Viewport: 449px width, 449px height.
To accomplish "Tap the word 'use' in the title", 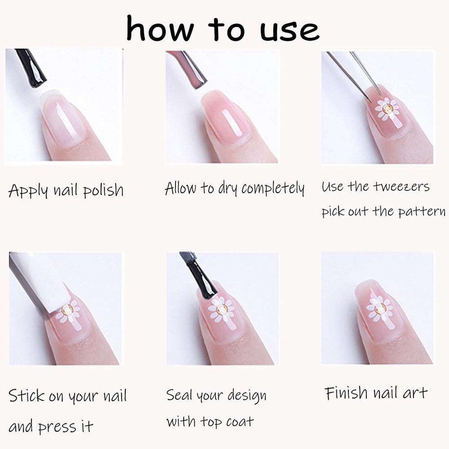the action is [x=290, y=31].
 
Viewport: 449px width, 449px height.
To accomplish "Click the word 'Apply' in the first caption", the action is [x=28, y=190].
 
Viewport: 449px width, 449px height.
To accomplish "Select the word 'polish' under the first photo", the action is [x=103, y=190].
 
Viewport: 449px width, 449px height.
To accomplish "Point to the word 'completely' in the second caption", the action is [x=273, y=189].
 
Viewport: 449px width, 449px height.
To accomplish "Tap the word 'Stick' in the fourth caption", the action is [x=26, y=396].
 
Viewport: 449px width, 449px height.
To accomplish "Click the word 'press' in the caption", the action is [x=57, y=427].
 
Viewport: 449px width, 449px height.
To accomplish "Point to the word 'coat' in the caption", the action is [x=240, y=422].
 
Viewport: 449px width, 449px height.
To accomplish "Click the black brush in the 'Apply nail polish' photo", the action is [x=31, y=68].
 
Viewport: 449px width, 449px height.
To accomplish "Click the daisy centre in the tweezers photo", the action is [x=388, y=108].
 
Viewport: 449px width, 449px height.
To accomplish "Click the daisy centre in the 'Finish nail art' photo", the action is [x=380, y=308].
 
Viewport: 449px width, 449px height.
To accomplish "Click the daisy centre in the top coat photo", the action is [x=222, y=309].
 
